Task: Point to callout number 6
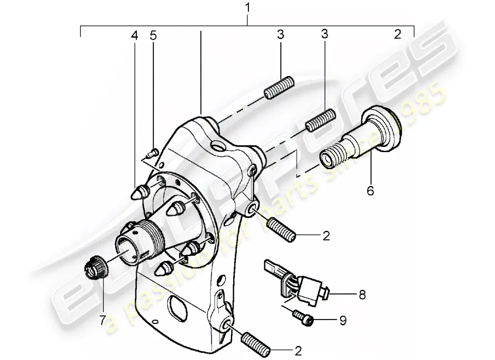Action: pyautogui.click(x=370, y=191)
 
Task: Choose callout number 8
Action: pyautogui.click(x=362, y=295)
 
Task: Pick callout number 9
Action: pyautogui.click(x=343, y=321)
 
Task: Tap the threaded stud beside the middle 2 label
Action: pyautogui.click(x=281, y=229)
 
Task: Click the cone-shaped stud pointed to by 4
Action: pyautogui.click(x=138, y=193)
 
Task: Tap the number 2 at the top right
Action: pyautogui.click(x=397, y=35)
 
